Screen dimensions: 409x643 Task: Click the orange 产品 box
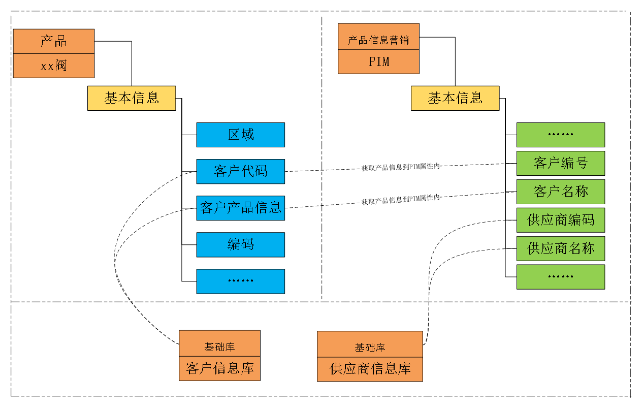[x=54, y=41]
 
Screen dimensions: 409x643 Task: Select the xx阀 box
[x=54, y=66]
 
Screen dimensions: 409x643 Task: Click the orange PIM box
[x=378, y=61]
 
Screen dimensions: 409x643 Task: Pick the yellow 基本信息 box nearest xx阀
[x=132, y=98]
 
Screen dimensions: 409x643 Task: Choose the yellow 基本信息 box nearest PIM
[x=455, y=98]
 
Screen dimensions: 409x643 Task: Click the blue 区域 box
[x=240, y=135]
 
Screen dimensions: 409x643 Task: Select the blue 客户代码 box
[x=240, y=171]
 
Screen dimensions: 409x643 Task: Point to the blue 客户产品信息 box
[x=240, y=208]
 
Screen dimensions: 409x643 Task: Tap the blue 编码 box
[x=240, y=244]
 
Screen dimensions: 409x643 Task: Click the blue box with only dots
[x=240, y=281]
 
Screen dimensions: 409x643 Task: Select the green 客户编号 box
[x=561, y=163]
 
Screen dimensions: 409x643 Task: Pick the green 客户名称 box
[x=561, y=192]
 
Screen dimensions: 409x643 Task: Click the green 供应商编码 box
[x=561, y=220]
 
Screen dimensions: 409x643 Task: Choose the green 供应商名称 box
[x=561, y=248]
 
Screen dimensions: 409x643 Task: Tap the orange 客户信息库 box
[x=219, y=368]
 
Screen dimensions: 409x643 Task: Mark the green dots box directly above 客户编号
[x=561, y=135]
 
